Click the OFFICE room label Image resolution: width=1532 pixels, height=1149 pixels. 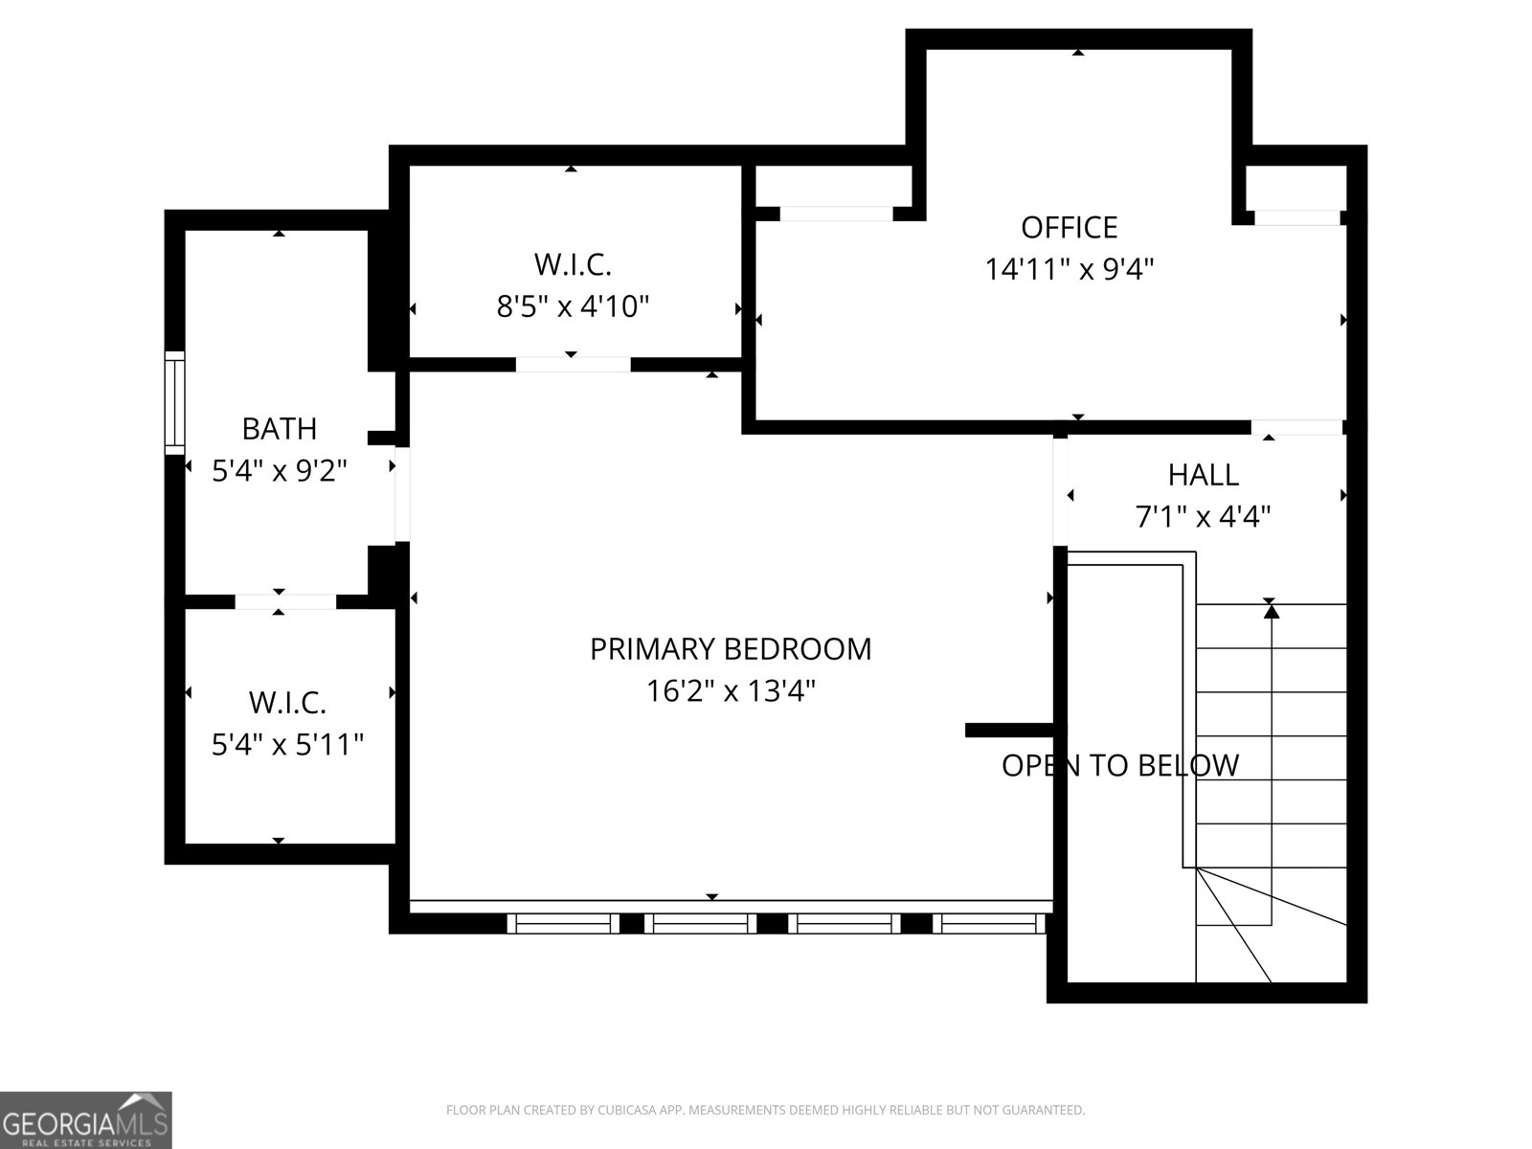click(x=1069, y=228)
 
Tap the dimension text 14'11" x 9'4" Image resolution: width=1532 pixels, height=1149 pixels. click(x=1069, y=270)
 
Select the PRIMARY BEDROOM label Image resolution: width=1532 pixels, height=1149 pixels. click(x=731, y=649)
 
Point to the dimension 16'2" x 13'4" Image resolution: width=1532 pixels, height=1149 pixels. click(x=731, y=691)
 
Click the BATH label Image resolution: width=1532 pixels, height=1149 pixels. click(x=279, y=429)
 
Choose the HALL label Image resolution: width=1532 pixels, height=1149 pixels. click(x=1203, y=475)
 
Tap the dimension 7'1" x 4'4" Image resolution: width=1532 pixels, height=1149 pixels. click(x=1203, y=517)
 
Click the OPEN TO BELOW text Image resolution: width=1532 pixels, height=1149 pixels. click(x=1120, y=765)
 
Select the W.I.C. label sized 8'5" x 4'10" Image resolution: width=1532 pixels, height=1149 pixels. click(x=573, y=264)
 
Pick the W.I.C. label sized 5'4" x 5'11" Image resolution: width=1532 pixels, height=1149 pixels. click(x=287, y=703)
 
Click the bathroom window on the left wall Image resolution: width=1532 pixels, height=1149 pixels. click(x=174, y=402)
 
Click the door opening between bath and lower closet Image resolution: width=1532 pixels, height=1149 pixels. click(x=284, y=601)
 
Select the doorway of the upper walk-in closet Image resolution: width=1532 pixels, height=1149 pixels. click(x=573, y=364)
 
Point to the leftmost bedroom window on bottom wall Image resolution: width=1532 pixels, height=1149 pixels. click(x=562, y=923)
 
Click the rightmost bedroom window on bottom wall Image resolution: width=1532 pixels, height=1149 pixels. click(x=988, y=923)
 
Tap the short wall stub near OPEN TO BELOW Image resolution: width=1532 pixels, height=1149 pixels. click(x=1008, y=730)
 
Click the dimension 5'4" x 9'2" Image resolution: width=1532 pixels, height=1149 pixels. click(x=279, y=471)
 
